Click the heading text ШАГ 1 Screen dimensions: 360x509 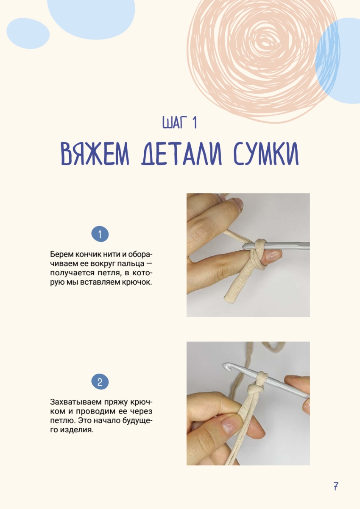tap(180, 123)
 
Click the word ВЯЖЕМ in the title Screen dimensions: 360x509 tap(95, 154)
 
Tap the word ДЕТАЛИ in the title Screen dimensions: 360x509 tap(181, 154)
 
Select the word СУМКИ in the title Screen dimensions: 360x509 tap(266, 154)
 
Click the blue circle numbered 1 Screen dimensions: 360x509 tap(100, 234)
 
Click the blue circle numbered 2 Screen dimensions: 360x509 tap(100, 381)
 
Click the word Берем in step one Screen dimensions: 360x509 tap(61, 254)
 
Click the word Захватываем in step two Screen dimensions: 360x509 tap(76, 402)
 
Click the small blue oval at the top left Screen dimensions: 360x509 tap(28, 34)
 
